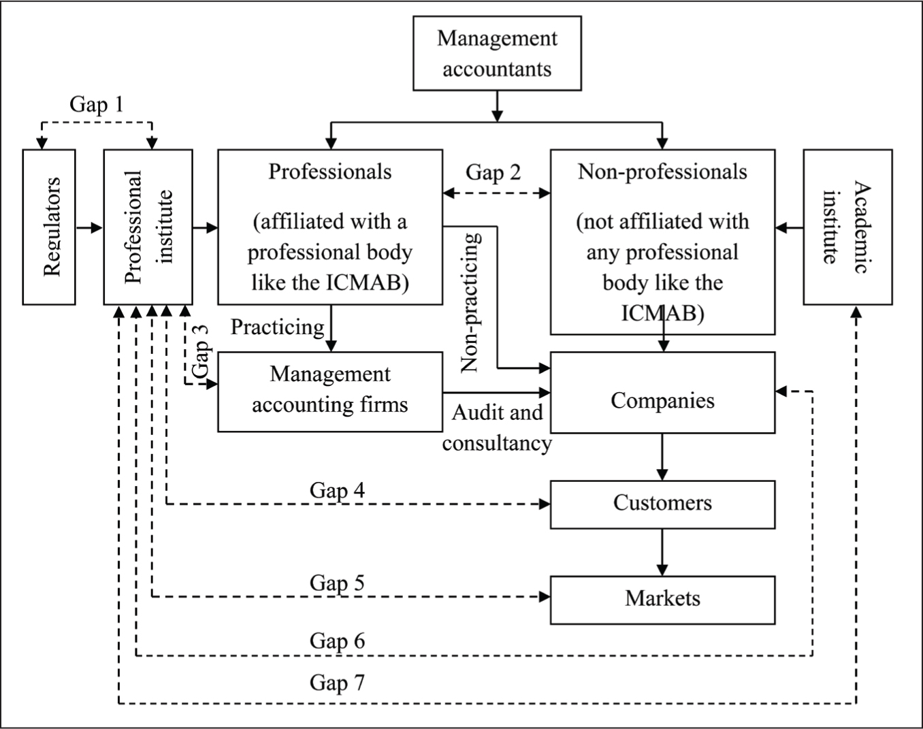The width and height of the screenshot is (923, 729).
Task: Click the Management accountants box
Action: click(497, 53)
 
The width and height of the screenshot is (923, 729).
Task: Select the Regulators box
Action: click(49, 227)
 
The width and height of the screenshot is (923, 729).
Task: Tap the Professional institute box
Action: click(148, 227)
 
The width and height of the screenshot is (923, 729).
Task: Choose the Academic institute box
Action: click(848, 227)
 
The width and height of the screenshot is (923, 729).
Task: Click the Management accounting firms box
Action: click(330, 392)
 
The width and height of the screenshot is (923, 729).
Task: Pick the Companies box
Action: click(663, 393)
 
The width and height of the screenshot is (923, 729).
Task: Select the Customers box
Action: click(663, 504)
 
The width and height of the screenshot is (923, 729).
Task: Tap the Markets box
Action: click(663, 600)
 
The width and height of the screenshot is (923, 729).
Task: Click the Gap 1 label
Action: click(97, 105)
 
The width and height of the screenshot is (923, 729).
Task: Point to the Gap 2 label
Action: click(493, 173)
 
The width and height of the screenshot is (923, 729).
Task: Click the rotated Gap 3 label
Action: click(201, 351)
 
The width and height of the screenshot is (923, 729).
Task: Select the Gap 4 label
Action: click(337, 491)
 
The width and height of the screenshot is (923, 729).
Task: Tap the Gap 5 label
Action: click(337, 583)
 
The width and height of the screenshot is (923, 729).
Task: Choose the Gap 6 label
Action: click(337, 641)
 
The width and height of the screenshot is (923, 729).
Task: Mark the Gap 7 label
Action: click(337, 683)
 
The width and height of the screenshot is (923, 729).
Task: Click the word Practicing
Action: click(278, 328)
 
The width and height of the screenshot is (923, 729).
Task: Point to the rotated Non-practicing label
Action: click(470, 302)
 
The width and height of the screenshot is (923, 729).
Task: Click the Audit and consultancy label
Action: click(497, 427)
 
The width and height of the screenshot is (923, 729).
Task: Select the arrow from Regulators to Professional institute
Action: click(90, 227)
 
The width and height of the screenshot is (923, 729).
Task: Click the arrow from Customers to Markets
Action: click(662, 552)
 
